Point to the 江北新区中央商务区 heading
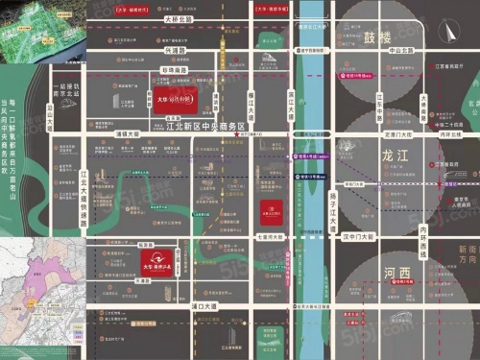(x=206, y=126)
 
